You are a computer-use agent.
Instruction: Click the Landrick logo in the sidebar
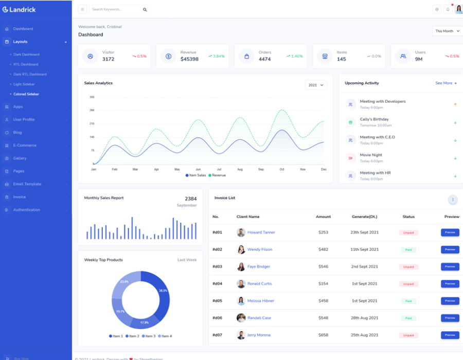[x=19, y=9]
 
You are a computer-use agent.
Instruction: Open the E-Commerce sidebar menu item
[x=25, y=145]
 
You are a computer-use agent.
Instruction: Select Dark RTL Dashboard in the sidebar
[x=30, y=74]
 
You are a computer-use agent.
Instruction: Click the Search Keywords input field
[x=115, y=9]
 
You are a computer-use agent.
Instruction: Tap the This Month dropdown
[x=447, y=31]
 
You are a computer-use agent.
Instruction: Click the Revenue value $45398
[x=189, y=59]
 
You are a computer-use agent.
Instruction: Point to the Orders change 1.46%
[x=295, y=56]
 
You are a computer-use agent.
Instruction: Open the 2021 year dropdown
[x=315, y=85]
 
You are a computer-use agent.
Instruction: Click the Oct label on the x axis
[x=282, y=169]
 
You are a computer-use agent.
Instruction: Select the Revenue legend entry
[x=217, y=175]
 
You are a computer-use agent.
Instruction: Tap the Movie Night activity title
[x=371, y=155]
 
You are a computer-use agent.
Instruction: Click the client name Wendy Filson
[x=260, y=249]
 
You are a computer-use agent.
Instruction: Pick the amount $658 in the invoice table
[x=323, y=335]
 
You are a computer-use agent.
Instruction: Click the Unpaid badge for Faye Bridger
[x=408, y=266]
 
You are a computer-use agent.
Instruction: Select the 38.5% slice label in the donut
[x=163, y=291]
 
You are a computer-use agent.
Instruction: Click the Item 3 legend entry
[x=148, y=336]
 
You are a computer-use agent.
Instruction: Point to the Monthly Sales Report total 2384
[x=190, y=199]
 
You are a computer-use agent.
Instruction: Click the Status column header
[x=408, y=217]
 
